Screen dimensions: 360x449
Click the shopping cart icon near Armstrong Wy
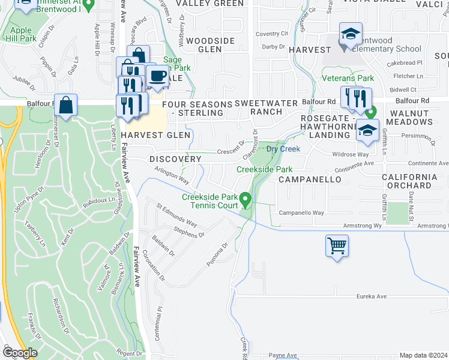pos(337,245)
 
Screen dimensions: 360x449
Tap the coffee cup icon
pos(157,77)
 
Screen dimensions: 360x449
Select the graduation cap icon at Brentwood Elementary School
pos(351,35)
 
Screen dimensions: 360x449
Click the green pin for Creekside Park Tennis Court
pos(245,198)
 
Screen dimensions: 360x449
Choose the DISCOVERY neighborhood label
pos(175,159)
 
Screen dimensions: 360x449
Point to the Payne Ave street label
pos(283,355)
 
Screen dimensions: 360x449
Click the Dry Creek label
pos(283,149)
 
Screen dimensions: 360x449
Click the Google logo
pos(19,353)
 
